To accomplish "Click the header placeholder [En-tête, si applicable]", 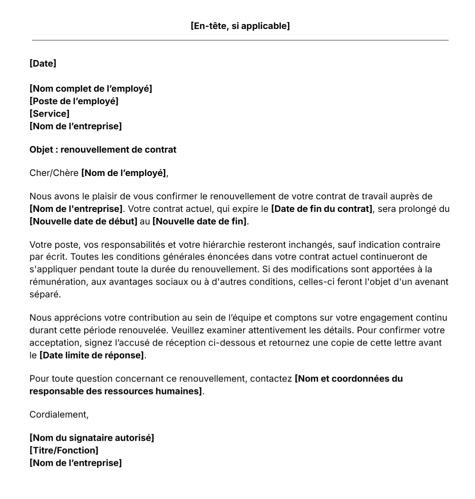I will [240, 26].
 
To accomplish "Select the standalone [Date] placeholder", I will [43, 64].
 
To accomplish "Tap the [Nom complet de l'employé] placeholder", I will [91, 89].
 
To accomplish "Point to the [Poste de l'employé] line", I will [74, 101].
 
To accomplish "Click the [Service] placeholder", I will [49, 114].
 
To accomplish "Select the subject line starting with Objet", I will [103, 150].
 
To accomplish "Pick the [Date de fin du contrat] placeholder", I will [322, 209].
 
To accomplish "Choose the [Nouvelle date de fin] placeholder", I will [199, 221].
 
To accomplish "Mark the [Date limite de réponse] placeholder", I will [92, 355].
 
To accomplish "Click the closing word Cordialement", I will [59, 414].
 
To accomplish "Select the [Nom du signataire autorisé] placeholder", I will [92, 438].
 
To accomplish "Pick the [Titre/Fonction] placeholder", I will [64, 450].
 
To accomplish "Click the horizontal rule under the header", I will [240, 40].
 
